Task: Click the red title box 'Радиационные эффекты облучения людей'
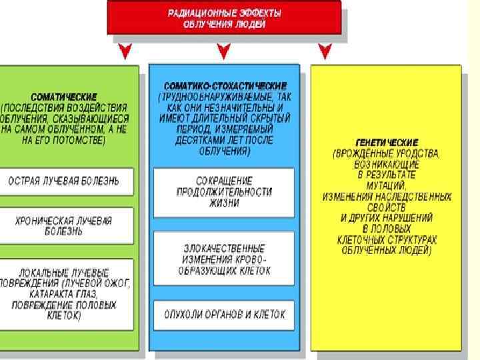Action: pyautogui.click(x=224, y=18)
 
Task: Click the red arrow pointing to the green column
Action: pyautogui.click(x=123, y=51)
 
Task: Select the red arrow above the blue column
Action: pyautogui.click(x=223, y=51)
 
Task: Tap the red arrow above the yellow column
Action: pyautogui.click(x=325, y=51)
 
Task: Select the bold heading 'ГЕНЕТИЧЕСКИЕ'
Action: pyautogui.click(x=387, y=142)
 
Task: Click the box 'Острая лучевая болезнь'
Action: pyautogui.click(x=65, y=181)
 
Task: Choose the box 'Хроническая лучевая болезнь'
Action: pyautogui.click(x=65, y=226)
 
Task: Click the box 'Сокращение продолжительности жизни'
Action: pyautogui.click(x=224, y=192)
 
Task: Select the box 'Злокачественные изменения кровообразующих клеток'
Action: pyautogui.click(x=224, y=259)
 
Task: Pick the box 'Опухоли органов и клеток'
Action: pyautogui.click(x=224, y=314)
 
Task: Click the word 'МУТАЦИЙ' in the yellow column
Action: pyautogui.click(x=387, y=185)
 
